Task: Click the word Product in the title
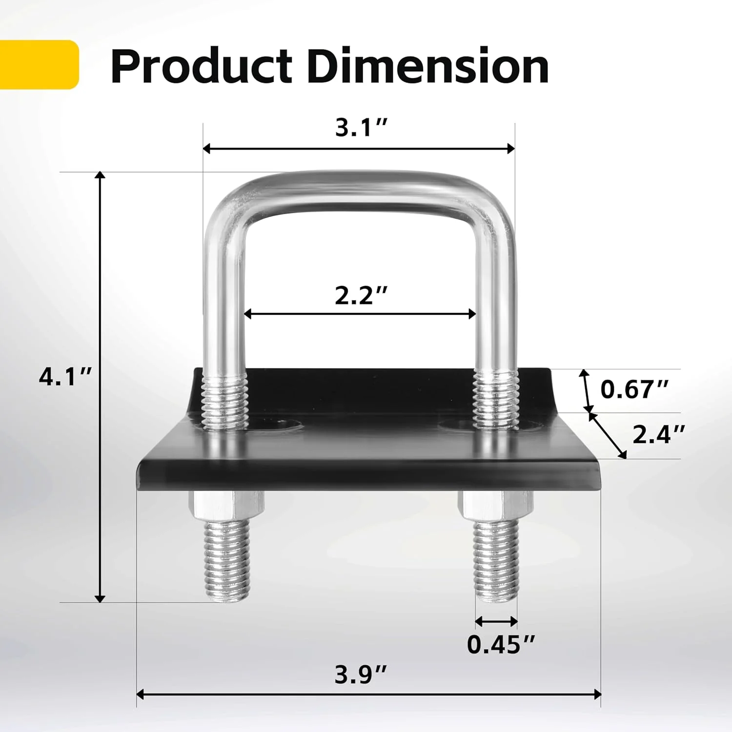(x=201, y=66)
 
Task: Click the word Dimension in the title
(x=428, y=65)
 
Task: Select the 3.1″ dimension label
(x=361, y=128)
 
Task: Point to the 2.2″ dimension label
(x=361, y=295)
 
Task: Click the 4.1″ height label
(x=66, y=377)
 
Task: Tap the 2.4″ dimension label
(x=659, y=434)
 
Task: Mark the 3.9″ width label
(x=361, y=675)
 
